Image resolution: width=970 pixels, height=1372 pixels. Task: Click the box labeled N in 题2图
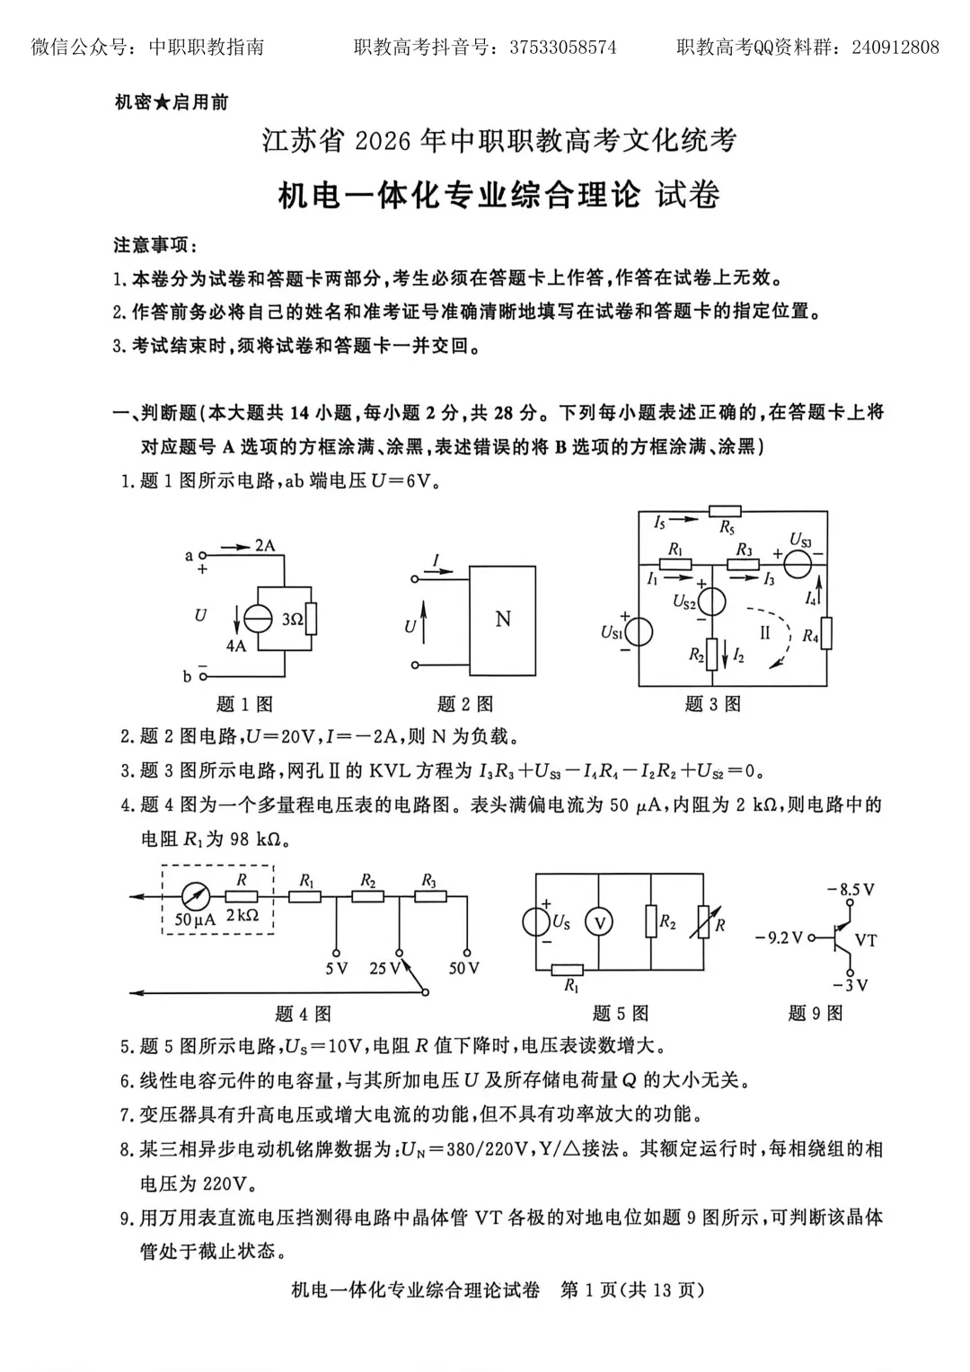pyautogui.click(x=503, y=619)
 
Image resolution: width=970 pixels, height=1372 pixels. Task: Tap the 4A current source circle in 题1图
pyautogui.click(x=258, y=620)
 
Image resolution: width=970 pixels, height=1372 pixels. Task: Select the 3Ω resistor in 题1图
pyautogui.click(x=311, y=620)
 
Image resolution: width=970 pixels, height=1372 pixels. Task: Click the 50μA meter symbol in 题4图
pyautogui.click(x=196, y=896)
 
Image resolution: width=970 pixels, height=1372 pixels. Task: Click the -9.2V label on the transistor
pyautogui.click(x=780, y=937)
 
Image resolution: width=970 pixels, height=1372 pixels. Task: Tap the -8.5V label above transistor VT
pyautogui.click(x=851, y=889)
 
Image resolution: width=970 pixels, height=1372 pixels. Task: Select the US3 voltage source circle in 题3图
pyautogui.click(x=798, y=566)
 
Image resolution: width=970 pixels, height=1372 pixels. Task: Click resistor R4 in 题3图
pyautogui.click(x=826, y=634)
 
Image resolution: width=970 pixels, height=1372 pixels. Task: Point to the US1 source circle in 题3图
pyautogui.click(x=639, y=632)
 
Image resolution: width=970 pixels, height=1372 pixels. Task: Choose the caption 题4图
pyautogui.click(x=303, y=1014)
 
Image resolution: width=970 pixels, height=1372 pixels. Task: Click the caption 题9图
pyautogui.click(x=816, y=1013)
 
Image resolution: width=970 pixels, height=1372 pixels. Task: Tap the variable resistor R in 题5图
pyautogui.click(x=702, y=922)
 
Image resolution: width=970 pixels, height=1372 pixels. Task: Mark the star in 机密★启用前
pyautogui.click(x=162, y=102)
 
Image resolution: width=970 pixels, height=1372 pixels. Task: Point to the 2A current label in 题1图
pyautogui.click(x=264, y=545)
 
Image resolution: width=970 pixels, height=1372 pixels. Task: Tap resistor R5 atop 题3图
pyautogui.click(x=726, y=512)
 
